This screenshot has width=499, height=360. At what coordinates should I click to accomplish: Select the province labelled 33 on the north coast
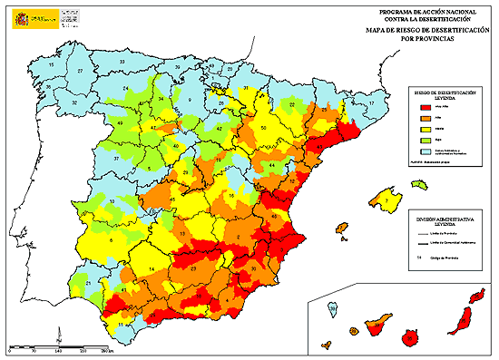coord(122,62)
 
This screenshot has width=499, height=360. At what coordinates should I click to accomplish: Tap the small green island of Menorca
coord(418,184)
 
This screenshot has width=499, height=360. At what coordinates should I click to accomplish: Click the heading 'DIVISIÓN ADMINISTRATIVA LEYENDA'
coord(439,220)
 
